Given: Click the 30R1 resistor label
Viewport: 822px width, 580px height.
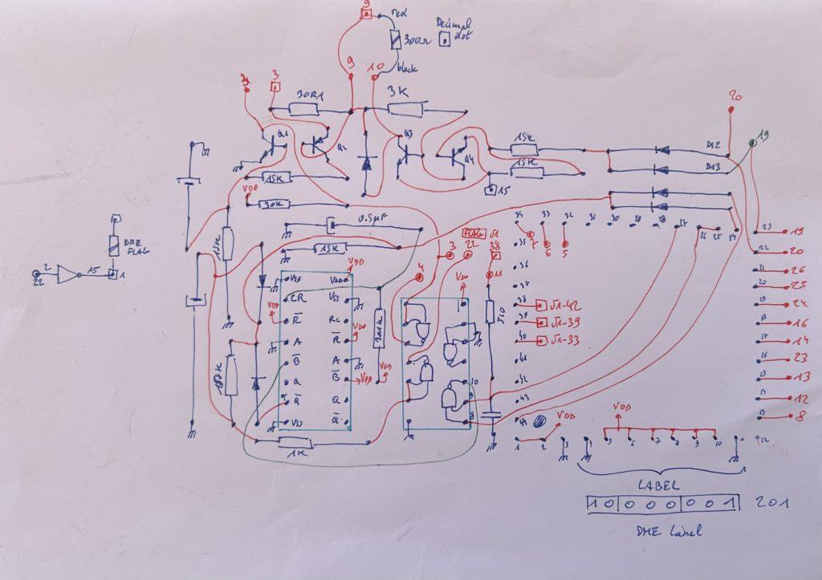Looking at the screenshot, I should pos(311,95).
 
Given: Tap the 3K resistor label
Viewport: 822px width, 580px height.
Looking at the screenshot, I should pos(398,91).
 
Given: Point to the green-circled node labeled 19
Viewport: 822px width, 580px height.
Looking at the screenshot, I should pos(753,142).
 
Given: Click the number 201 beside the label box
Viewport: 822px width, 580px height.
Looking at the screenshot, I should pos(771,504).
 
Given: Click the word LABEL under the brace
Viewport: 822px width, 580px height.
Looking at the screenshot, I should pos(659,485).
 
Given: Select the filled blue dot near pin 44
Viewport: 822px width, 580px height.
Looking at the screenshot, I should pos(539,420).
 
